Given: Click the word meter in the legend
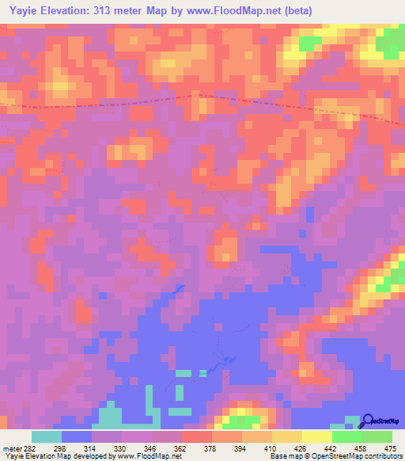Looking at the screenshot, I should [13, 448].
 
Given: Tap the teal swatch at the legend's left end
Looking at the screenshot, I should [47, 436].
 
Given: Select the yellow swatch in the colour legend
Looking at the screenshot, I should [316, 436].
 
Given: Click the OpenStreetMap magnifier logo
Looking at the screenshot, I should [367, 421].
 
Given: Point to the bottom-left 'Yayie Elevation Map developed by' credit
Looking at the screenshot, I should [55, 456].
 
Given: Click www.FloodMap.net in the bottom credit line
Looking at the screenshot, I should [147, 456].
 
